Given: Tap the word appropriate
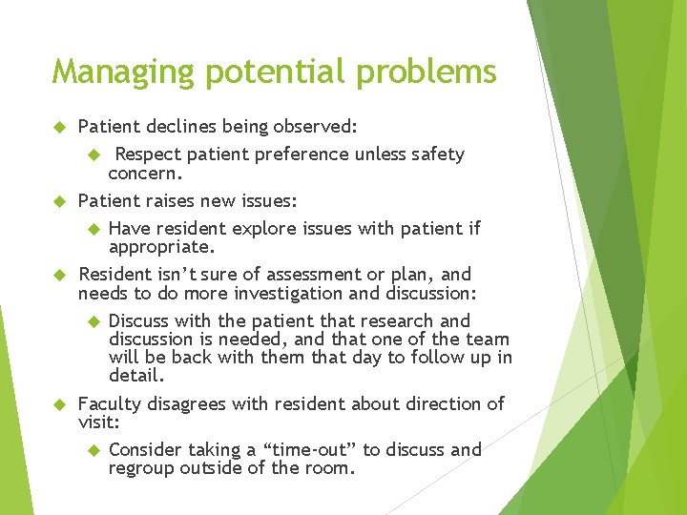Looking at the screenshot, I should click(160, 247).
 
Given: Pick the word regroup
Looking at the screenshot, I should click(141, 468).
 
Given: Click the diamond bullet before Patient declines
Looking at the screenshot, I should click(57, 126).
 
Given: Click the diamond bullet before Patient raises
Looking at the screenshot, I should click(57, 201).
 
